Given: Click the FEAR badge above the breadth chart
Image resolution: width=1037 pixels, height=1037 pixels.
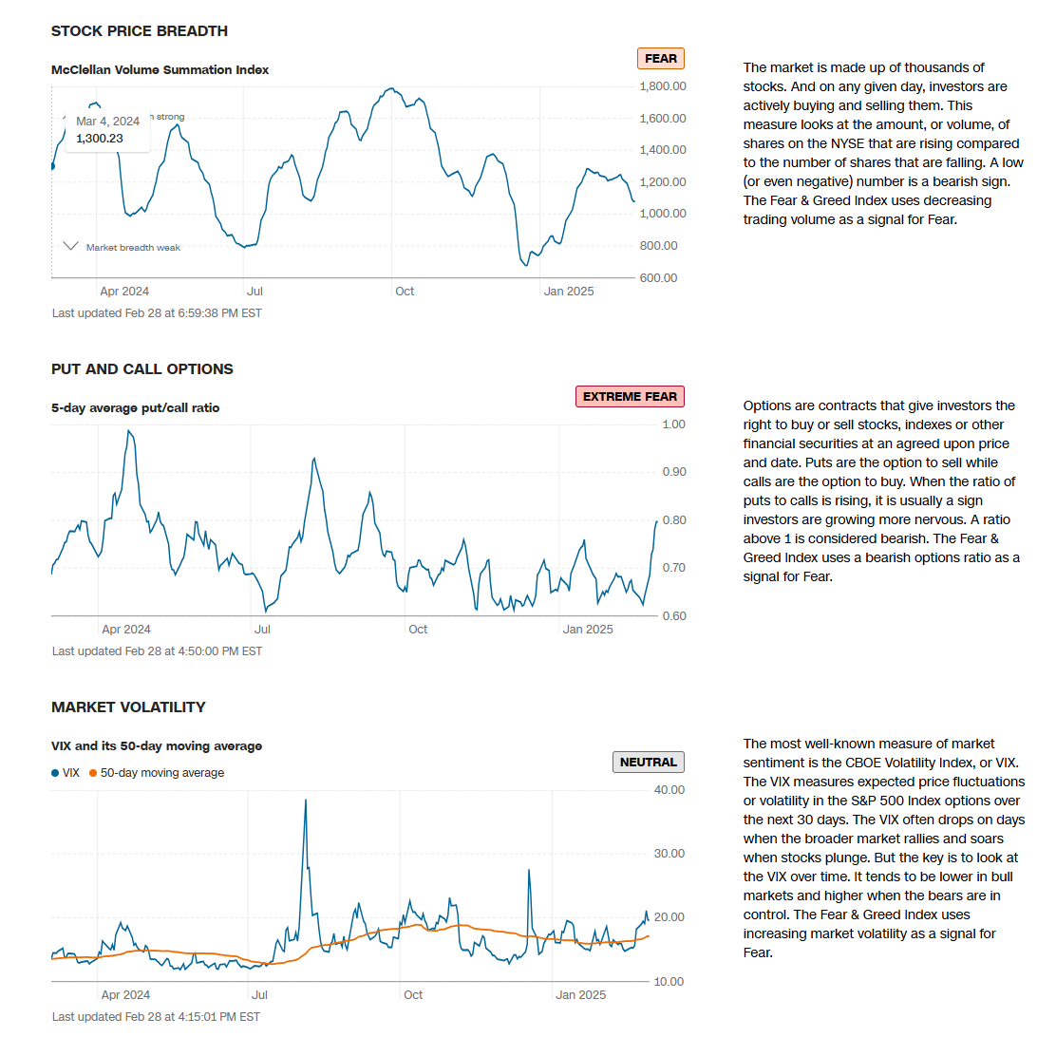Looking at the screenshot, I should point(661,59).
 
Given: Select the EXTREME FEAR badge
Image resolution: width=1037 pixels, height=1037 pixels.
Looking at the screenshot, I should point(630,397).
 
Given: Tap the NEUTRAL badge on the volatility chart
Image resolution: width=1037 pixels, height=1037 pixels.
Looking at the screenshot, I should point(649,762).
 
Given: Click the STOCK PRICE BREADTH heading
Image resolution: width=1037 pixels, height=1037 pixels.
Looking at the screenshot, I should point(140,31).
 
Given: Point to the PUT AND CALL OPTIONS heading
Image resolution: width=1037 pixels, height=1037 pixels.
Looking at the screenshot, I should point(142,369).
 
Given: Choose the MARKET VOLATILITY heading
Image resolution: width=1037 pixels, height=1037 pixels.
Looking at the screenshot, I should point(128,707).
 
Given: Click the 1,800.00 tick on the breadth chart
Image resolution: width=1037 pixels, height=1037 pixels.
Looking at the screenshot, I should point(663,86).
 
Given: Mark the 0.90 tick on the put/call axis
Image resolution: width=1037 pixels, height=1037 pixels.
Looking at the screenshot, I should point(674,472).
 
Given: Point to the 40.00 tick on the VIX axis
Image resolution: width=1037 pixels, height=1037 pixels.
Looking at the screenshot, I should point(670,790).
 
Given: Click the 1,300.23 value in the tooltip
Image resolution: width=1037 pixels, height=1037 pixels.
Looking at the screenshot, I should point(100,138).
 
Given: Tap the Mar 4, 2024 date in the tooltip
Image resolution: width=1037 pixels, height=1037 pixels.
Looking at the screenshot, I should point(107,121).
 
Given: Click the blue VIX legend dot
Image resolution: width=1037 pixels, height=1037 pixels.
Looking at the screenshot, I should point(55,773).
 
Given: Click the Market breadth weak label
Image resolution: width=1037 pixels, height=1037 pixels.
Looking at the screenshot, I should point(133,248).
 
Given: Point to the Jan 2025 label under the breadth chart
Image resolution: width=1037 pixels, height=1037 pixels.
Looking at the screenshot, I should point(568,292).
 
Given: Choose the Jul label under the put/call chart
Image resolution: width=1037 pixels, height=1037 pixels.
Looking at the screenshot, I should point(262,630).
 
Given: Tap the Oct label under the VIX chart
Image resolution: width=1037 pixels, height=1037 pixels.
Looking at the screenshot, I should point(413,995).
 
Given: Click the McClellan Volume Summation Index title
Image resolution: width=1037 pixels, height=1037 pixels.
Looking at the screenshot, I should point(160,70).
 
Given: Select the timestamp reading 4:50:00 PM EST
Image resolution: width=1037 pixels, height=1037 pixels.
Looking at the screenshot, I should point(157,651).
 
